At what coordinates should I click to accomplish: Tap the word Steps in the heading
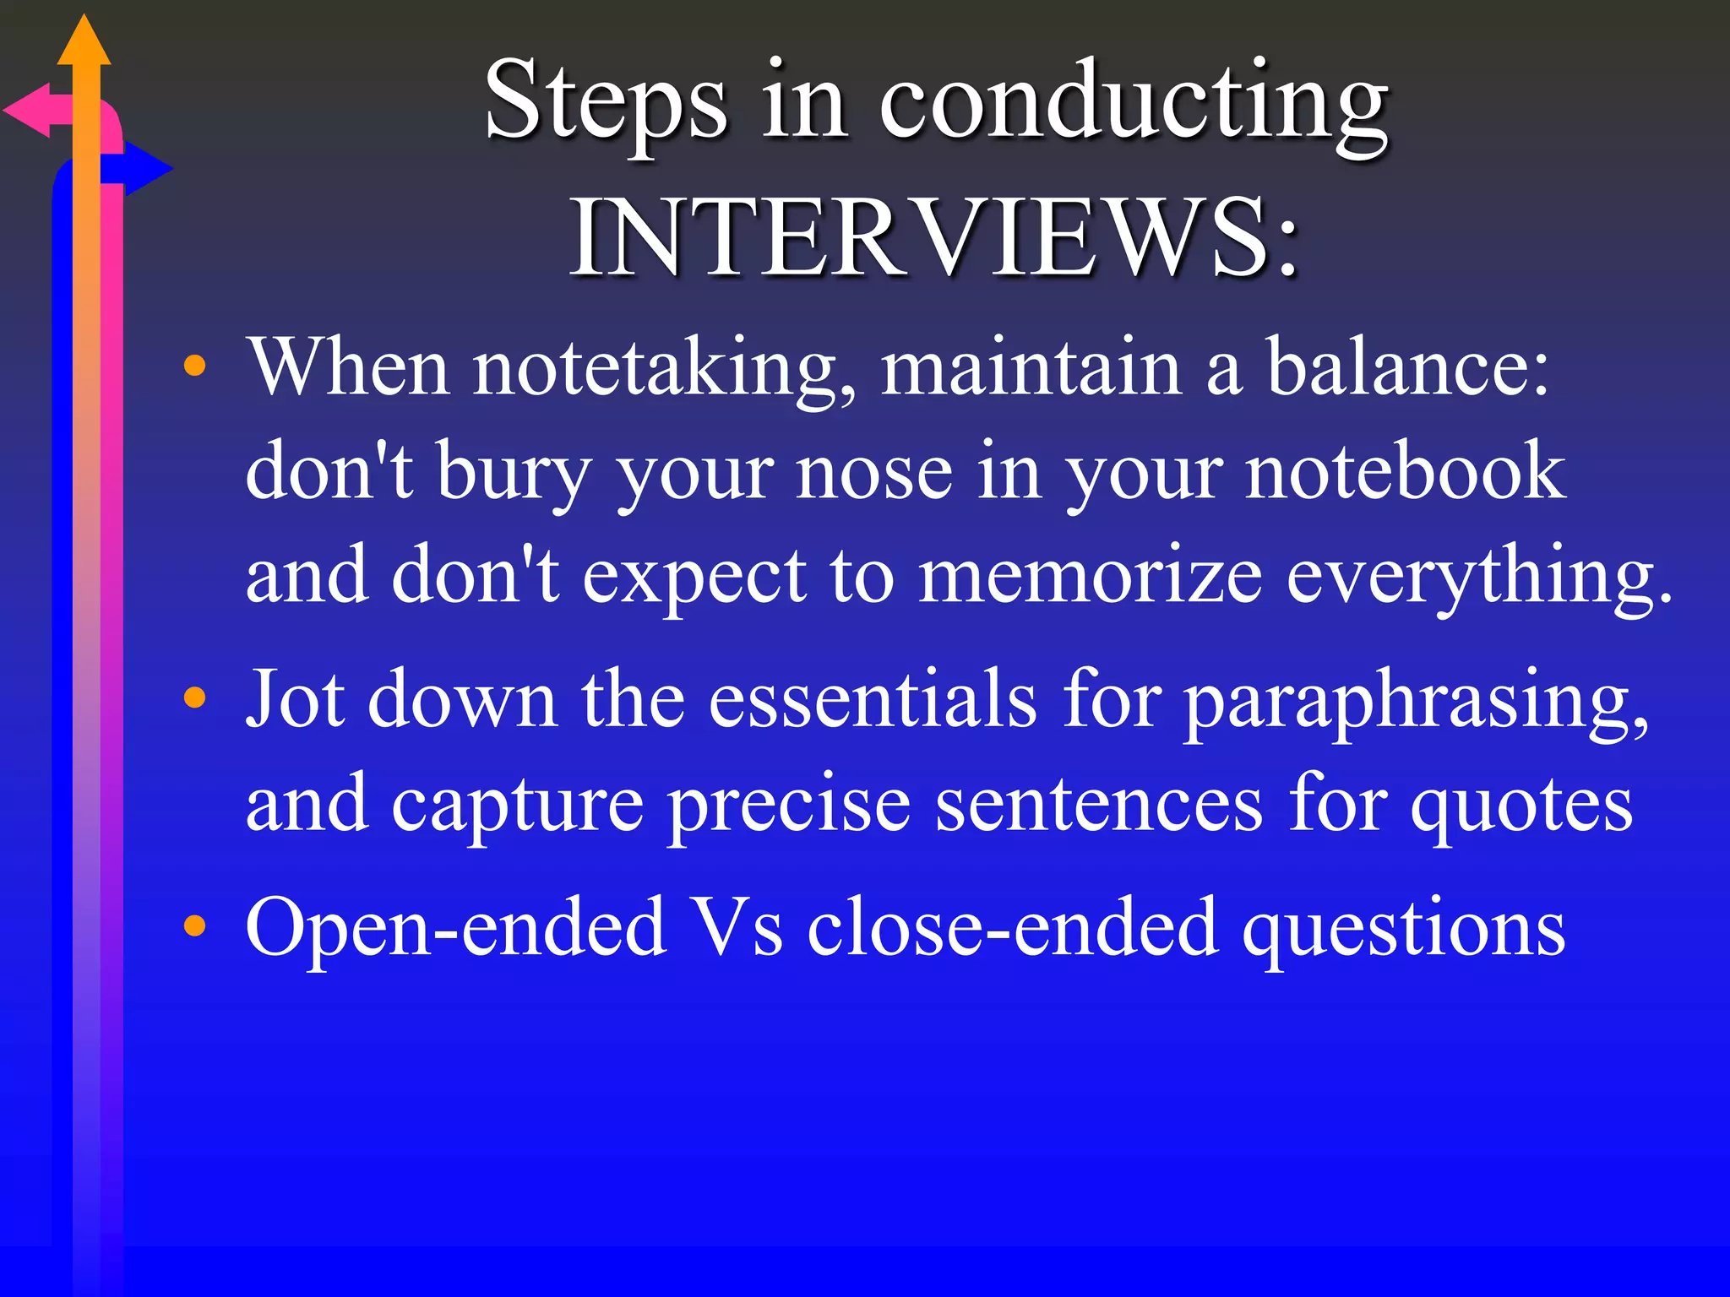[606, 101]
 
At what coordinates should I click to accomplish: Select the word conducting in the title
[1134, 105]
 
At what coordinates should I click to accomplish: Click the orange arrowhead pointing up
[84, 42]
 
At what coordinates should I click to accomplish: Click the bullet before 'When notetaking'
[195, 366]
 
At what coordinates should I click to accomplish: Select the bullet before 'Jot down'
[195, 697]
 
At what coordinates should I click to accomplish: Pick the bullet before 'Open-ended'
[195, 925]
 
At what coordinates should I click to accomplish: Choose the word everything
[1478, 578]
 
